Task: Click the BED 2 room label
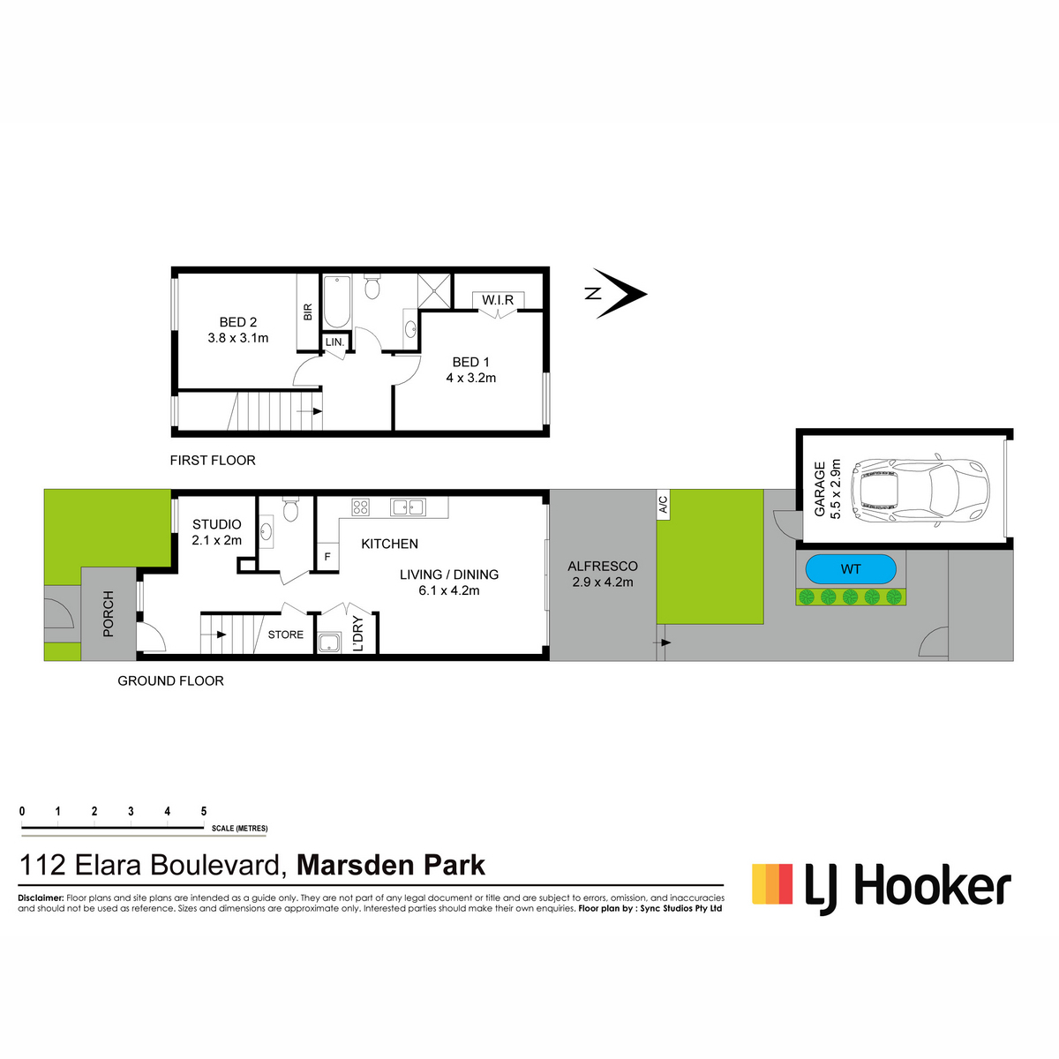(238, 322)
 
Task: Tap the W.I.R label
(498, 300)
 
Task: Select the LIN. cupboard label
(334, 342)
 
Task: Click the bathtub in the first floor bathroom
(337, 302)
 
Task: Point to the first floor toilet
(372, 287)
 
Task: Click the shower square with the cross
(433, 290)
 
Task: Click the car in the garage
(920, 489)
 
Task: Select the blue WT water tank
(851, 569)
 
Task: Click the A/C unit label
(664, 505)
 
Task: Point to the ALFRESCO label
(603, 566)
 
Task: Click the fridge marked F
(327, 557)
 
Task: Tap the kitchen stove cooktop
(361, 507)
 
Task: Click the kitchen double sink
(408, 507)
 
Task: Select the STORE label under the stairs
(286, 635)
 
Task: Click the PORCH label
(109, 614)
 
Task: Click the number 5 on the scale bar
(204, 811)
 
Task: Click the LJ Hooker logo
(882, 890)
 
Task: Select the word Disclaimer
(41, 898)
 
